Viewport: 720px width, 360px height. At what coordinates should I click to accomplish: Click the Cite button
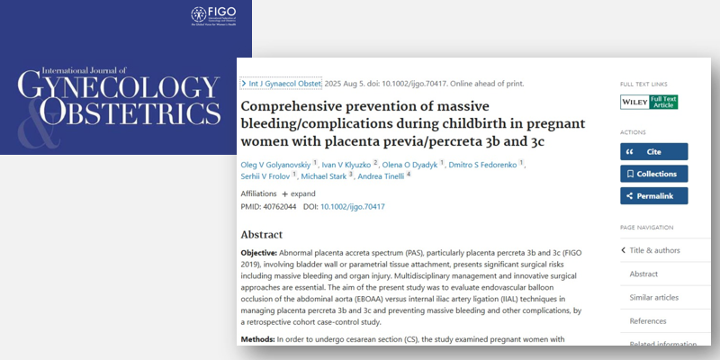653,151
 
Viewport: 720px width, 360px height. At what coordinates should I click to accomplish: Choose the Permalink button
653,195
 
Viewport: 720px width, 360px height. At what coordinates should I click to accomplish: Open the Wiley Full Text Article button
649,102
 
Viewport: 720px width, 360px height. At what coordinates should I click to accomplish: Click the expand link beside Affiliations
299,193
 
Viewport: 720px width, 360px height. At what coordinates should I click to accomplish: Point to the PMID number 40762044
288,207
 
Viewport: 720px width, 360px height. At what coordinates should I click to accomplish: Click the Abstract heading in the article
262,234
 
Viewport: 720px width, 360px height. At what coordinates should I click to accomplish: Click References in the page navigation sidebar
648,320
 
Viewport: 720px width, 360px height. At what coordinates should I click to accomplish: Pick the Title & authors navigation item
656,250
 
